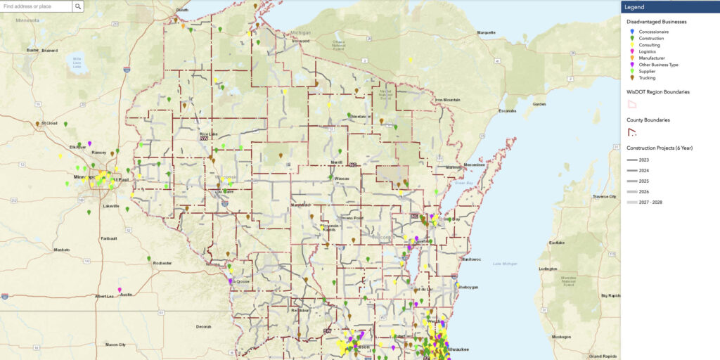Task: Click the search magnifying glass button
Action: (x=78, y=6)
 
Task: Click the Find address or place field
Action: (x=36, y=6)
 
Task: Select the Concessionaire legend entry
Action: (x=654, y=32)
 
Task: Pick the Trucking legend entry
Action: (x=648, y=77)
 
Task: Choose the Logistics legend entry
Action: (x=649, y=51)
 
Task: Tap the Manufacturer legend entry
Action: (x=652, y=58)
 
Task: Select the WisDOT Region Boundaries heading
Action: (x=658, y=91)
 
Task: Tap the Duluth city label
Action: (x=183, y=10)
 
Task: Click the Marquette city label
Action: (x=487, y=32)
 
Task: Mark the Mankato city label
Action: (x=63, y=250)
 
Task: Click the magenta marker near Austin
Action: (x=120, y=290)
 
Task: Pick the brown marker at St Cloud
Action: (x=37, y=124)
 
